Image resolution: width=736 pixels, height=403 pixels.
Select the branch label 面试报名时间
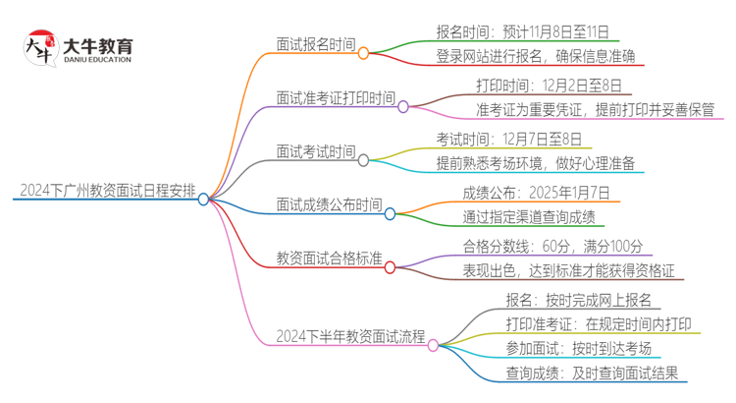pyautogui.click(x=316, y=45)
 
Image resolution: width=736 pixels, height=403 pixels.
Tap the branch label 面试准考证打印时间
pyautogui.click(x=336, y=98)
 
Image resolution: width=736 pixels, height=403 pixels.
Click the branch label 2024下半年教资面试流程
pyautogui.click(x=350, y=337)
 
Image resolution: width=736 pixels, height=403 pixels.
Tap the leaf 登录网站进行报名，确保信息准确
pyautogui.click(x=536, y=57)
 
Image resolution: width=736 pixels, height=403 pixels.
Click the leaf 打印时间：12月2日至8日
pyautogui.click(x=548, y=85)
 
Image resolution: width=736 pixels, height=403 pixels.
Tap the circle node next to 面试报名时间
pyautogui.click(x=363, y=53)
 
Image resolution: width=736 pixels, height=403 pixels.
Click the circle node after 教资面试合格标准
pyautogui.click(x=390, y=266)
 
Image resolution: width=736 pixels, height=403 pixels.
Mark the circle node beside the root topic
pyautogui.click(x=203, y=199)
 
